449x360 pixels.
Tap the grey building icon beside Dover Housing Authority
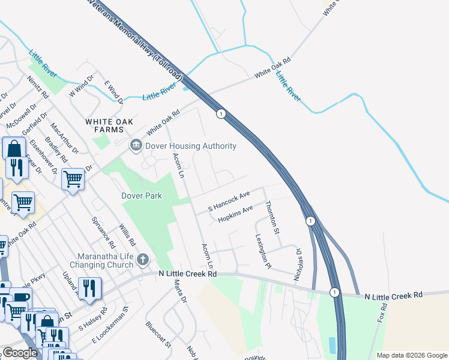(x=136, y=145)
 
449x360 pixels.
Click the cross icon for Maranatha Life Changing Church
(x=142, y=259)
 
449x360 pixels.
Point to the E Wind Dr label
(x=113, y=91)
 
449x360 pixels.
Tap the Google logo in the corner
(x=20, y=353)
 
